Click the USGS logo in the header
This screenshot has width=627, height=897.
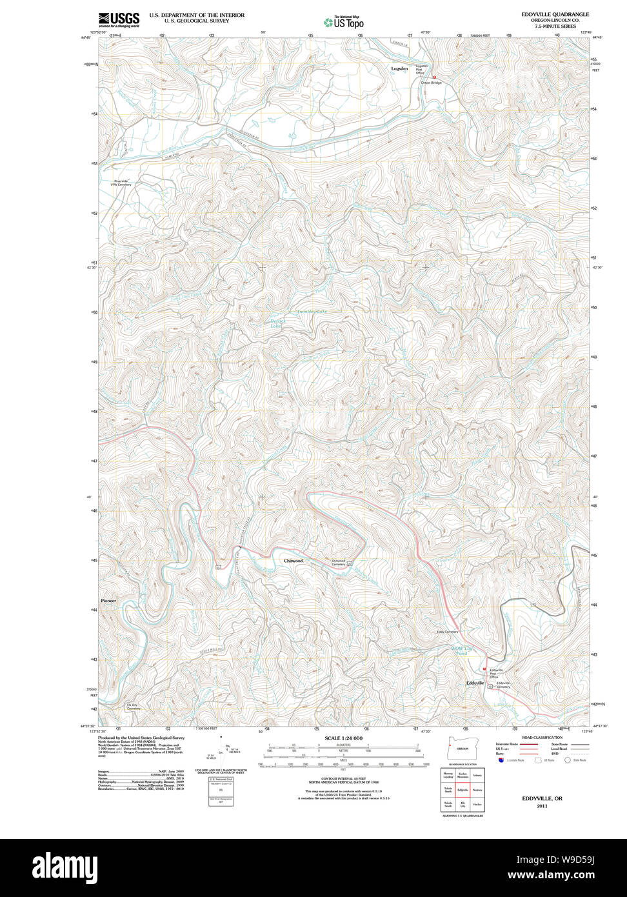coord(119,19)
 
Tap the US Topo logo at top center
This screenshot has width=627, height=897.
coord(344,22)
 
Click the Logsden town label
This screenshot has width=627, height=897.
coord(400,68)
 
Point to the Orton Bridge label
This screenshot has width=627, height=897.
coord(432,83)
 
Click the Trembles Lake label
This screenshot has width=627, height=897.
coord(312,312)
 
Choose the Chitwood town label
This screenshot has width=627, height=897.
coord(293,561)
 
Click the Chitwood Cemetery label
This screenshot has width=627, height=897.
coord(339,562)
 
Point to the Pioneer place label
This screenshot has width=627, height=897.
coord(108,601)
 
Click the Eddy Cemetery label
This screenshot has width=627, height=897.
coord(447,632)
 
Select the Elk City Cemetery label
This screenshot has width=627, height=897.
coord(133,706)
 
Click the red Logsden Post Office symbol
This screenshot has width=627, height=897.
coord(434,77)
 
